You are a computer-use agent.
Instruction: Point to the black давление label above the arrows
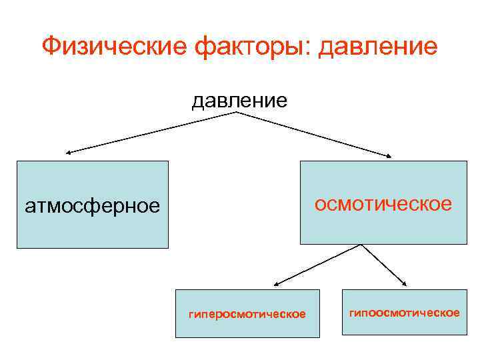pyautogui.click(x=239, y=101)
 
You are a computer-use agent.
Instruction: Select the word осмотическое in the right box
pyautogui.click(x=383, y=203)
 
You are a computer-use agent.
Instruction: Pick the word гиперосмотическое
pyautogui.click(x=247, y=313)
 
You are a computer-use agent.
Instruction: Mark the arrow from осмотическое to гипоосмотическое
pyautogui.click(x=383, y=265)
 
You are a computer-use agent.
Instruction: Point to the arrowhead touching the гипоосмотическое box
pyautogui.click(x=404, y=285)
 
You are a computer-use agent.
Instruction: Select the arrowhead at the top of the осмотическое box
pyautogui.click(x=389, y=156)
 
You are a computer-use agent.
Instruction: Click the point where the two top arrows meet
pyautogui.click(x=238, y=112)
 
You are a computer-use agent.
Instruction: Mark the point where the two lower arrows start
pyautogui.click(x=361, y=245)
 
